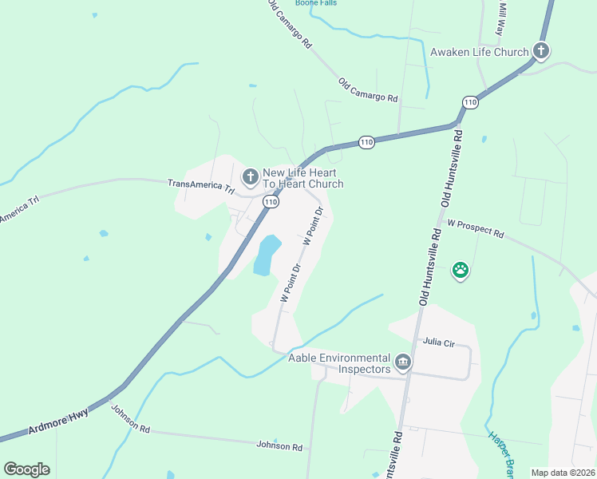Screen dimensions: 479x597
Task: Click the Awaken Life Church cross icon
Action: pos(541,52)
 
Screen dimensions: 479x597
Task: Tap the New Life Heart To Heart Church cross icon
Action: pos(250,176)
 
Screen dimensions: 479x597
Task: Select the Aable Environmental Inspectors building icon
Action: pos(403,363)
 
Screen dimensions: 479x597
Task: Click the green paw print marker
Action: pos(461,270)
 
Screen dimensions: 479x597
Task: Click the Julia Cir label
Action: pos(438,342)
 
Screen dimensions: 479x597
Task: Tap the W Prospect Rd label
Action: pos(476,229)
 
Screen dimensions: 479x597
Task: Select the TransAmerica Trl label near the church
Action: pos(201,187)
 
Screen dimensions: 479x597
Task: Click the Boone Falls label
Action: pos(316,3)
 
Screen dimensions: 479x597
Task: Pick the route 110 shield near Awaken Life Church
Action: pos(470,102)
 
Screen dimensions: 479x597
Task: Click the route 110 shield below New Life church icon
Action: pos(271,203)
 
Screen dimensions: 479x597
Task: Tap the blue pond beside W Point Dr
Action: pos(267,255)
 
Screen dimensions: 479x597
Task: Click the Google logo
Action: pos(26,469)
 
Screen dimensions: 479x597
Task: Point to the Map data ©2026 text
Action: pos(562,473)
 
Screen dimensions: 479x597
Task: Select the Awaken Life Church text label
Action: pos(479,53)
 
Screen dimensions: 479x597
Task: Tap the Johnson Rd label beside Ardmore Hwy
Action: pos(130,418)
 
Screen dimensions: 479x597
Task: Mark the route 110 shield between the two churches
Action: pos(366,142)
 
